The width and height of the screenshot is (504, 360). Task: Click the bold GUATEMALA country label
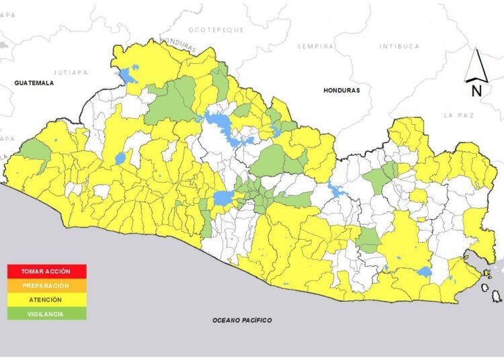[34, 83]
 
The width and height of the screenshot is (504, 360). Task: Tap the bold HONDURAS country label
[341, 90]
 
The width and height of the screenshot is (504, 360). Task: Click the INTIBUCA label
[399, 46]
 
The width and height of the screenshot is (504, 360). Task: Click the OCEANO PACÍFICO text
[242, 320]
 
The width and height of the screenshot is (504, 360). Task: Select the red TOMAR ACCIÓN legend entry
[46, 271]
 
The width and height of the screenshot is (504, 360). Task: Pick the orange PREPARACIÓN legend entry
[46, 285]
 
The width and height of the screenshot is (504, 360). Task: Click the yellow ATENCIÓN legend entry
[46, 300]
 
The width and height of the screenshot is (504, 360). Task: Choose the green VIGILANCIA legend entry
[46, 313]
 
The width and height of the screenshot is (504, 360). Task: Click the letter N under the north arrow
[476, 91]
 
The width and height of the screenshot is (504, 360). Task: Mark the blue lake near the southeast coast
[424, 271]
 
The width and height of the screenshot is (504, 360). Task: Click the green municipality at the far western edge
[34, 150]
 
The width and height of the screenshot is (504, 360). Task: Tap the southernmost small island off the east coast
[496, 296]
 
